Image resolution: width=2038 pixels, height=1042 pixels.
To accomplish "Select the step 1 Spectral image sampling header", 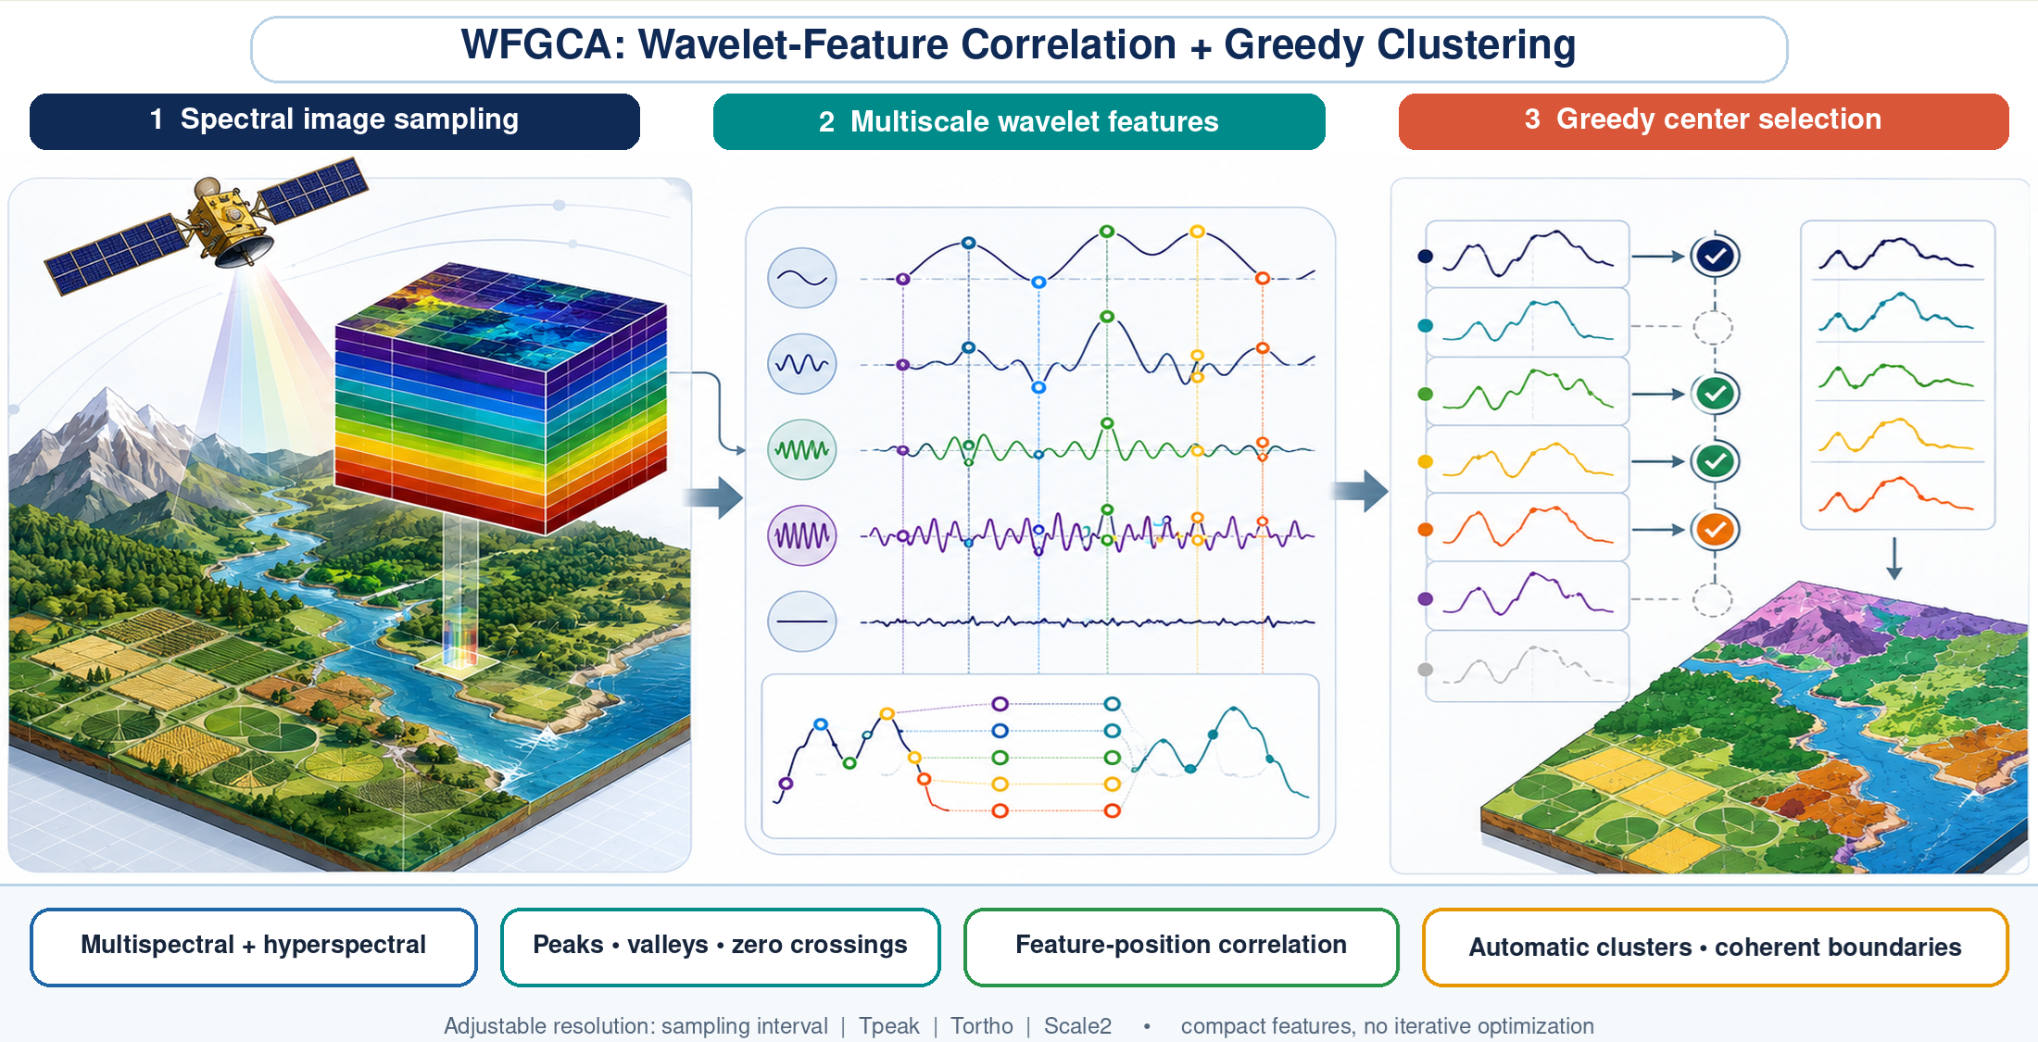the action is tap(334, 121).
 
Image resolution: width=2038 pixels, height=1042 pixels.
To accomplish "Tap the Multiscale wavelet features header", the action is tap(1019, 121).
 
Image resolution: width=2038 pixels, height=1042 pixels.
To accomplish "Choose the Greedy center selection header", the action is tap(1704, 121).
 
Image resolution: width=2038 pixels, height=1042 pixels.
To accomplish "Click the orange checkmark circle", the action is tap(1715, 530).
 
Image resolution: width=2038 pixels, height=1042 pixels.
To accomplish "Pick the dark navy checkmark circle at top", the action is tap(1715, 257).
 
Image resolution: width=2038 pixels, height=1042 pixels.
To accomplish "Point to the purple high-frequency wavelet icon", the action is tap(802, 535).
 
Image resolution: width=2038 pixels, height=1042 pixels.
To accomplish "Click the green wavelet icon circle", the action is tap(802, 450).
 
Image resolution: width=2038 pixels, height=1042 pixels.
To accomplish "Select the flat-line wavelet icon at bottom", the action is tap(802, 621).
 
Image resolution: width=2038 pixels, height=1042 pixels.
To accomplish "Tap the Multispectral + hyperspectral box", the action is tap(254, 947).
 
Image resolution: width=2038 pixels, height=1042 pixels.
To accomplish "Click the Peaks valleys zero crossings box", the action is tap(720, 947).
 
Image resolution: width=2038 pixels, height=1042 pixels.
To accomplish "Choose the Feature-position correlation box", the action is tap(1181, 947).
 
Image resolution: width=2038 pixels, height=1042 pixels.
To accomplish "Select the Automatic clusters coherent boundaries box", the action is tap(1715, 947).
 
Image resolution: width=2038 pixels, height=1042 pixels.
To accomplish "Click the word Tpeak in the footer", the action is tap(888, 1026).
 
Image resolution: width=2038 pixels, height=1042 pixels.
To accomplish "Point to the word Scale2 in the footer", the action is tap(1077, 1026).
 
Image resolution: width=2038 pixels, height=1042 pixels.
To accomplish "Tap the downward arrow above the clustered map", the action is tap(1894, 559).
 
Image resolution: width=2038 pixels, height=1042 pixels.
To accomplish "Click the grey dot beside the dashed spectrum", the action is tap(1426, 670).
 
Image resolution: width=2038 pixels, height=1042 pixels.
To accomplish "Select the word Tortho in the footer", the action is tap(982, 1026).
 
